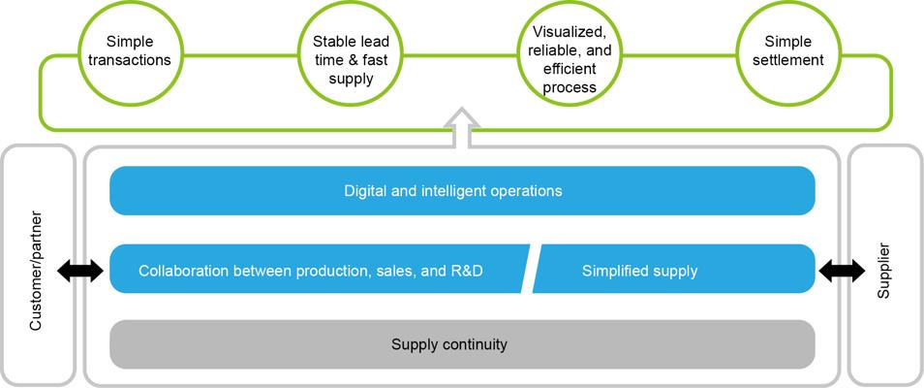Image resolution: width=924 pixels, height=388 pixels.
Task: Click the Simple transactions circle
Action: click(129, 52)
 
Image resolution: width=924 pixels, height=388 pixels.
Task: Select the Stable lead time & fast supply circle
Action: click(351, 52)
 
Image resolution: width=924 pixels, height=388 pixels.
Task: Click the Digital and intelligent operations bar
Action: click(462, 190)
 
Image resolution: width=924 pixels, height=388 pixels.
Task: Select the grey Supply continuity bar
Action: click(462, 343)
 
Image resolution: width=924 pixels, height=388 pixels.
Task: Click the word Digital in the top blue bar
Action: click(365, 190)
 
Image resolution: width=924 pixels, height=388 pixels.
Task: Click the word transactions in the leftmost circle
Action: click(129, 60)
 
